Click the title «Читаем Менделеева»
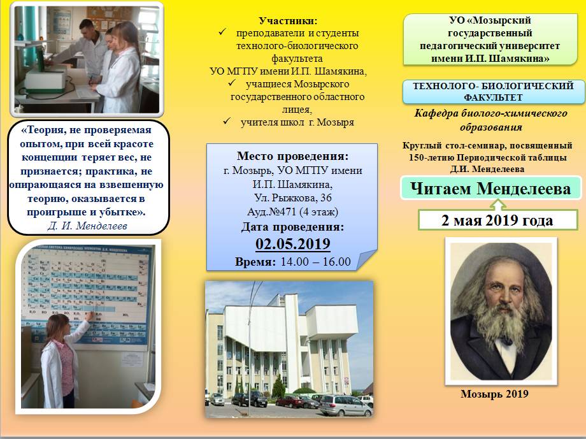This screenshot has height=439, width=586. click(x=490, y=189)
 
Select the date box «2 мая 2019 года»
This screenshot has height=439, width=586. click(x=497, y=220)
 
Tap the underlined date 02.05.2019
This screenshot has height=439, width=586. click(x=293, y=244)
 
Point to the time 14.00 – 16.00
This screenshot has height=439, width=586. click(x=316, y=261)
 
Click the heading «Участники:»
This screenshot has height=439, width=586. click(x=288, y=20)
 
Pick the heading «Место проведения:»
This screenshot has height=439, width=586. click(x=292, y=156)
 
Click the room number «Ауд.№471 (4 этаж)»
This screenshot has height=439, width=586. click(x=292, y=212)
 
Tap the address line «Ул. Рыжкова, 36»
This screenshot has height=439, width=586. click(x=292, y=198)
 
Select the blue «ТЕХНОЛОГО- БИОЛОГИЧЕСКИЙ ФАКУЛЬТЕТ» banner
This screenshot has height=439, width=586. click(x=493, y=92)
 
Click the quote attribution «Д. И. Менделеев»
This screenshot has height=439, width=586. click(x=87, y=226)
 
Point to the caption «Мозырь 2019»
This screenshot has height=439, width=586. click(x=494, y=394)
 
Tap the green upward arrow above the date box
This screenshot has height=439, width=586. click(x=498, y=204)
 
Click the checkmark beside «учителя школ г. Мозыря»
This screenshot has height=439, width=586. click(x=227, y=122)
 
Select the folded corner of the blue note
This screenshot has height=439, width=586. click(x=367, y=259)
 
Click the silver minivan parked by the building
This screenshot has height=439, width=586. click(x=346, y=406)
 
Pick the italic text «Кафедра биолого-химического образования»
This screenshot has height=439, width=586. click(x=490, y=120)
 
